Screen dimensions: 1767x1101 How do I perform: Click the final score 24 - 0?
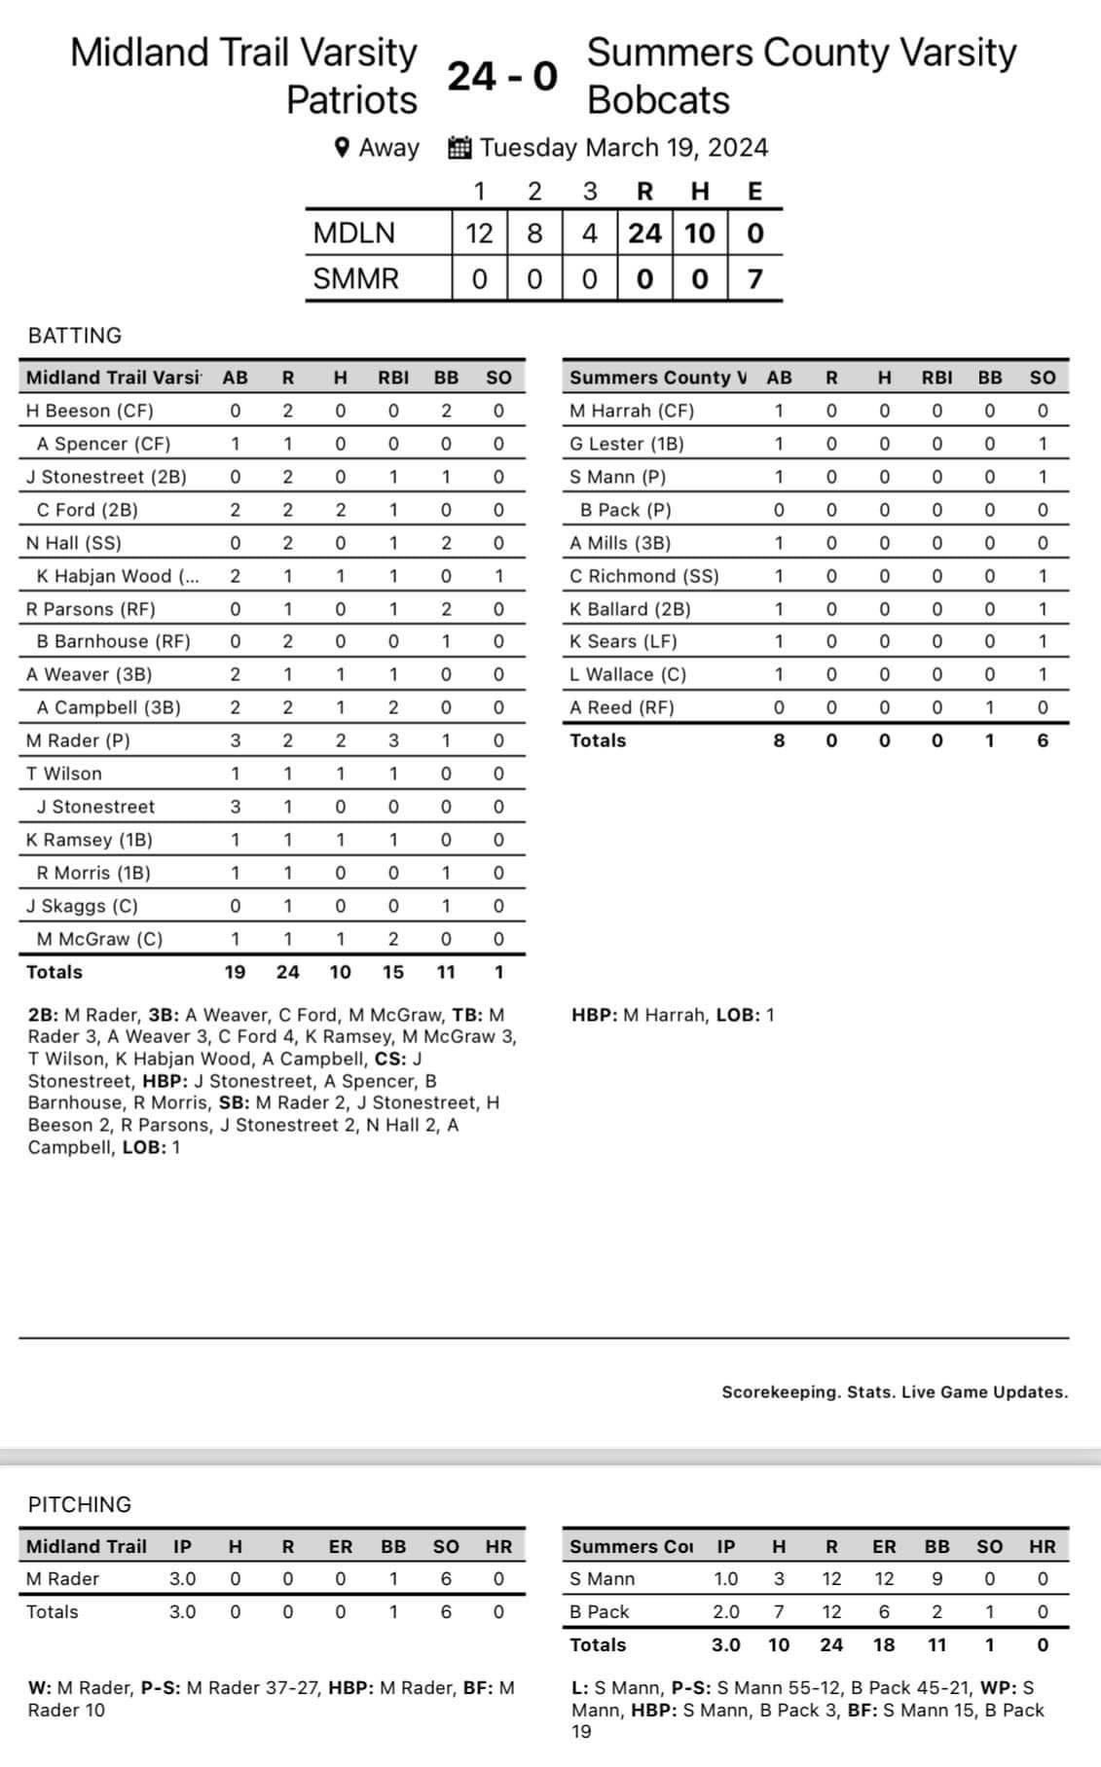coord(502,76)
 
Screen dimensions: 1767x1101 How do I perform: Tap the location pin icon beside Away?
coord(342,148)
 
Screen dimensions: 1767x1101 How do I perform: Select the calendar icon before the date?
coord(459,148)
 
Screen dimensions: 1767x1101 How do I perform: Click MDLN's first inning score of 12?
coord(479,234)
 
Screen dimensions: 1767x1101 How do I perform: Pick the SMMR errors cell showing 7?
coord(754,279)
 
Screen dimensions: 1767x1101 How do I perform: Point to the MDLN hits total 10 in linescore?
coord(699,234)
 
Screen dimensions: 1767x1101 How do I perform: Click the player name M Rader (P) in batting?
coord(78,740)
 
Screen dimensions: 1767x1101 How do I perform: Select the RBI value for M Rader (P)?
coord(393,740)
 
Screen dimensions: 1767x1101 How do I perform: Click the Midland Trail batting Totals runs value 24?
coord(287,972)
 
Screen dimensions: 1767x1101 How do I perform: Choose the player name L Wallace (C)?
coord(628,674)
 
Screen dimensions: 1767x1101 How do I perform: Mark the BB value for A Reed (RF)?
coord(989,707)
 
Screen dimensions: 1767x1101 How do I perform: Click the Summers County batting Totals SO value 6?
coord(1042,740)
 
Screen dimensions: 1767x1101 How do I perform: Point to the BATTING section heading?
coord(75,336)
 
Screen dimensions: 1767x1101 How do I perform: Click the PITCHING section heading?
coord(80,1504)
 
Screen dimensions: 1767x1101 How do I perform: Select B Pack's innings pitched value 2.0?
coord(726,1611)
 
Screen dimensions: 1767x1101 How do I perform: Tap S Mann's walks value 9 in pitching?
coord(936,1578)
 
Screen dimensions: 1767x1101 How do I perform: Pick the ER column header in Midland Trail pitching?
coord(340,1546)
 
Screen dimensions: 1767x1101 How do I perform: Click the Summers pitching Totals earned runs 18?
coord(884,1644)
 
